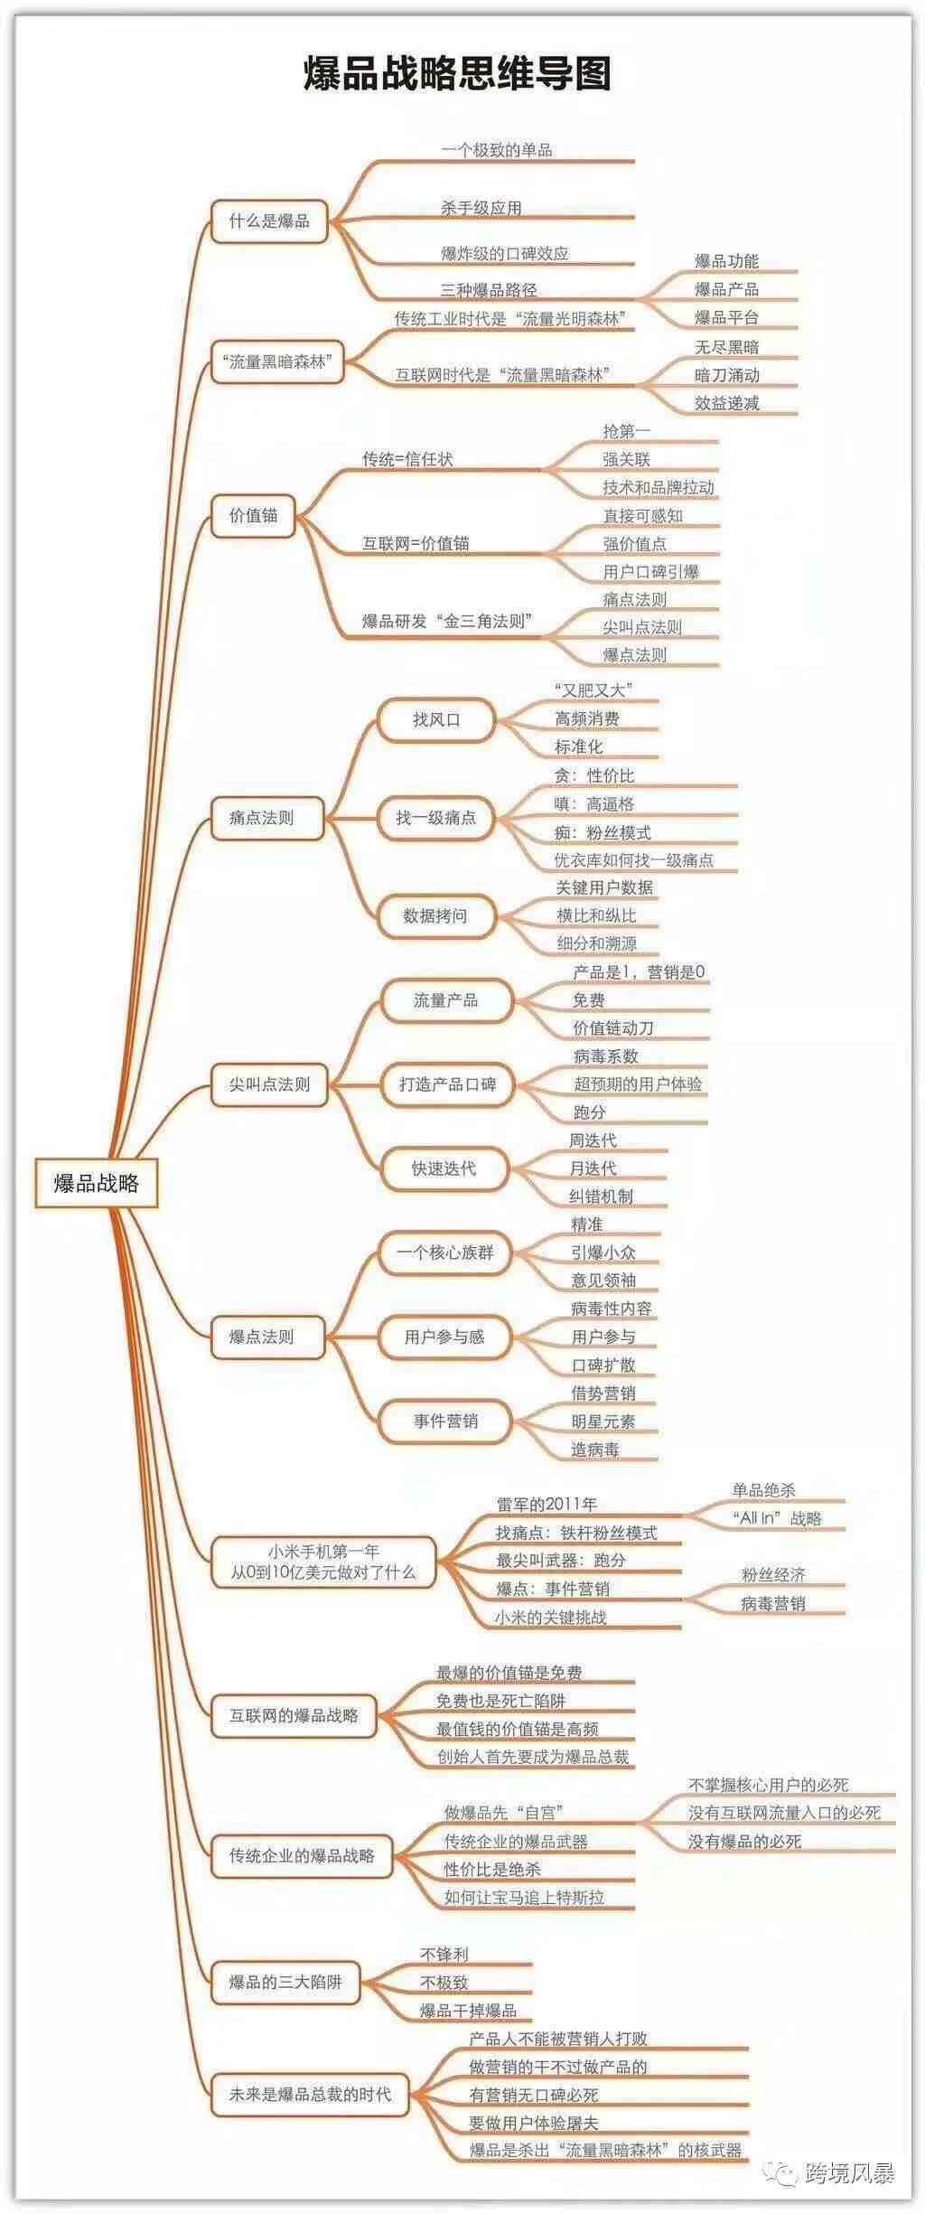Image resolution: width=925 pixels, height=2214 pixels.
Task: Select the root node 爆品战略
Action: click(97, 1183)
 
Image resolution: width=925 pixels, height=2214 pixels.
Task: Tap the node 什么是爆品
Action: click(268, 221)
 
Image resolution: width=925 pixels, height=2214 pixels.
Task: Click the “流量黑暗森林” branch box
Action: click(276, 362)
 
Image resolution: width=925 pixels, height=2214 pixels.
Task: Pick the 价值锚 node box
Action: click(253, 516)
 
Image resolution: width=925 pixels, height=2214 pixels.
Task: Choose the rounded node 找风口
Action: click(436, 720)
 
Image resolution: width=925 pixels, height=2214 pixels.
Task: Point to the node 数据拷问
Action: click(435, 915)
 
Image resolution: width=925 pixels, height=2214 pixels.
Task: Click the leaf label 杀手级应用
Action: click(481, 208)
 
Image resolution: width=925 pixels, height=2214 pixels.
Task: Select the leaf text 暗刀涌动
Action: click(726, 375)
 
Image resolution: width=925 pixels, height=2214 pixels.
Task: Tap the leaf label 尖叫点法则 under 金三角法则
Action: click(641, 627)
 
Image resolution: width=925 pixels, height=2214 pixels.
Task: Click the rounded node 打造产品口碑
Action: click(447, 1084)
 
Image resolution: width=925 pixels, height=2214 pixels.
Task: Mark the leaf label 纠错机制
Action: click(601, 1196)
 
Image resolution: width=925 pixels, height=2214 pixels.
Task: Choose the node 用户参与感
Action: click(444, 1337)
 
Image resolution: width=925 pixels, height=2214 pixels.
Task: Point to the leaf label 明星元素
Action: click(603, 1421)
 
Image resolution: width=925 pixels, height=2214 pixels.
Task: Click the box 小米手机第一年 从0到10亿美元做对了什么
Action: click(322, 1562)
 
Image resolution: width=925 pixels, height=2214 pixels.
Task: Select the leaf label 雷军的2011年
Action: click(547, 1505)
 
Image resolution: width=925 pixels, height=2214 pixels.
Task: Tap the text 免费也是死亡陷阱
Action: click(500, 1701)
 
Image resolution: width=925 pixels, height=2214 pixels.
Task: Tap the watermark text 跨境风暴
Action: click(849, 2172)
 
